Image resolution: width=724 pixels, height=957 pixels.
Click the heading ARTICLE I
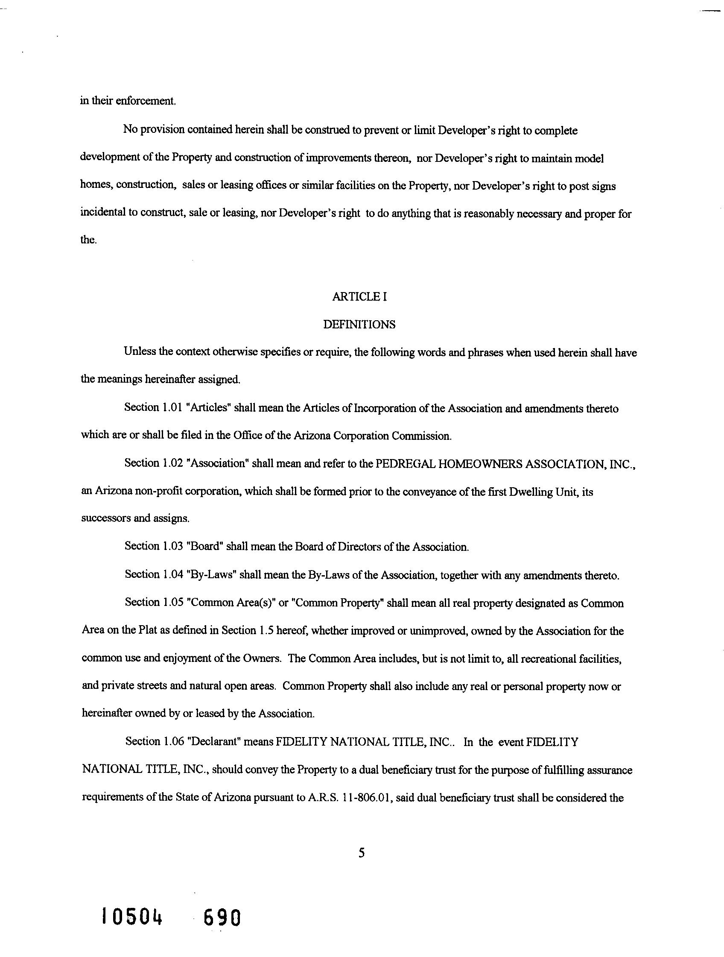tap(359, 297)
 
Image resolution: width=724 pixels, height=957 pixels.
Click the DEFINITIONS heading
tap(359, 325)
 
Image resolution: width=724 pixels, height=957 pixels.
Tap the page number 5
tap(362, 853)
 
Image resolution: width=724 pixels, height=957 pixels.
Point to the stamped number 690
tap(222, 918)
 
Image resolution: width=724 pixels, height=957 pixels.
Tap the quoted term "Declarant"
tap(213, 741)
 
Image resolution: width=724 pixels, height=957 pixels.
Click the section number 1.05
tap(173, 603)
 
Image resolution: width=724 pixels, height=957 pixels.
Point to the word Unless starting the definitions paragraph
tap(139, 351)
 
